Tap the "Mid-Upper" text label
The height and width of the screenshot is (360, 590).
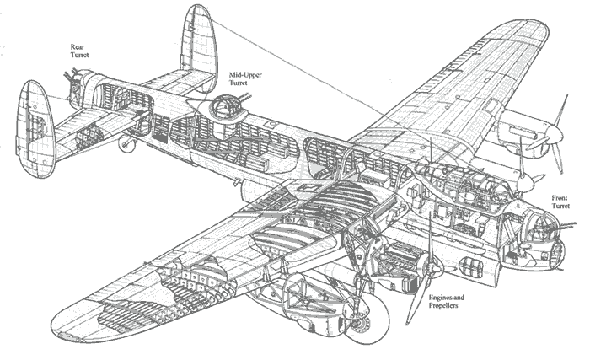click(245, 76)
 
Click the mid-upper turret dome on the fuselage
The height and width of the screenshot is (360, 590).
click(223, 108)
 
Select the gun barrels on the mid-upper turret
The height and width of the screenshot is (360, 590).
click(244, 101)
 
